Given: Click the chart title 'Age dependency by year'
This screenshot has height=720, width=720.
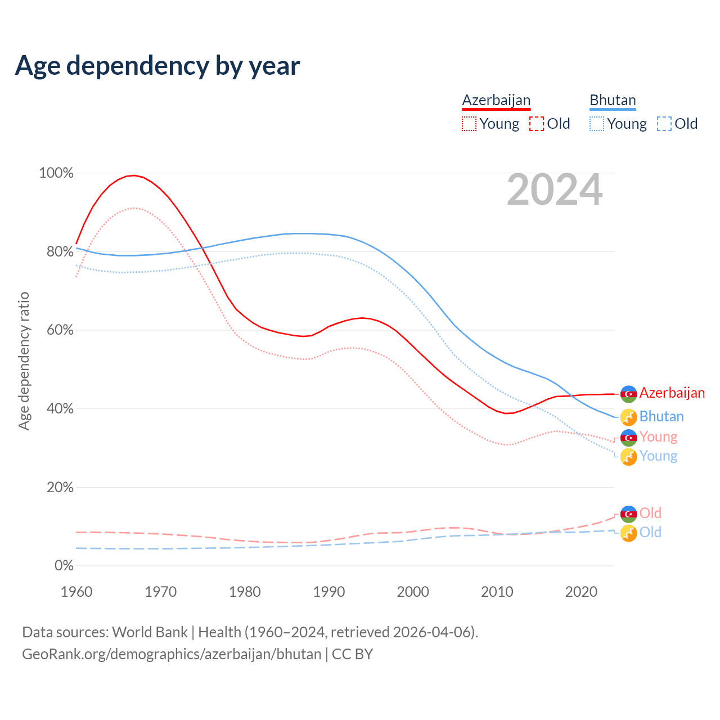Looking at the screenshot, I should tap(157, 66).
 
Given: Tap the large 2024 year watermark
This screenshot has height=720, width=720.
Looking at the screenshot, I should tap(555, 190).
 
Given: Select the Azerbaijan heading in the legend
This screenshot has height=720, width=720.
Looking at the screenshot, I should tap(496, 100).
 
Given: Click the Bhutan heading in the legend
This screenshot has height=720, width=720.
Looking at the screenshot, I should tap(613, 100).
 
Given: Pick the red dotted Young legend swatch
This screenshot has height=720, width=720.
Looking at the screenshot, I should tap(469, 124).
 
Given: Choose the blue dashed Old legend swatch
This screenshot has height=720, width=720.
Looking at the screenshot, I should tap(664, 124).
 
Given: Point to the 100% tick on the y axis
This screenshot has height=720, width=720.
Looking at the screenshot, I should tap(56, 173).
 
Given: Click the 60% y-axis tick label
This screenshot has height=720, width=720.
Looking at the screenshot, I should tap(60, 330).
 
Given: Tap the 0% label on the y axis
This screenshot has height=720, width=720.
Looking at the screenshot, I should tap(64, 566).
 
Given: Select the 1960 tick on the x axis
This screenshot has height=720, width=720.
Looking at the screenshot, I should tap(76, 592).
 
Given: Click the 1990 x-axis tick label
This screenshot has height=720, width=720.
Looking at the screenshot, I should tap(329, 592).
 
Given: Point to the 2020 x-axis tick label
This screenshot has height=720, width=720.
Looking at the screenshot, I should tap(581, 592).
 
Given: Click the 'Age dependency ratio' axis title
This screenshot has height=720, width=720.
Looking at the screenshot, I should tap(24, 361).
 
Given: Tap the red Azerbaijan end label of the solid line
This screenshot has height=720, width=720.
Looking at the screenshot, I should tap(672, 393).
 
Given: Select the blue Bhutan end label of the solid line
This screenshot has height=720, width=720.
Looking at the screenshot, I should tap(661, 417).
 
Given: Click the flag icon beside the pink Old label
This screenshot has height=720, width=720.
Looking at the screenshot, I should tap(628, 514).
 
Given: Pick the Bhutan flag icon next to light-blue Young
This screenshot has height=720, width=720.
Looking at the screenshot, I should tap(628, 457).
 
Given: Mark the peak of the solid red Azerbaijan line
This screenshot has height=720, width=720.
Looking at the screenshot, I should tap(133, 175).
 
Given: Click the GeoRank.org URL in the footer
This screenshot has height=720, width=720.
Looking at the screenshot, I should tap(172, 654).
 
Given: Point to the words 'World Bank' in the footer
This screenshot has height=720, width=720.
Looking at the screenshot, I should tap(150, 632).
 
